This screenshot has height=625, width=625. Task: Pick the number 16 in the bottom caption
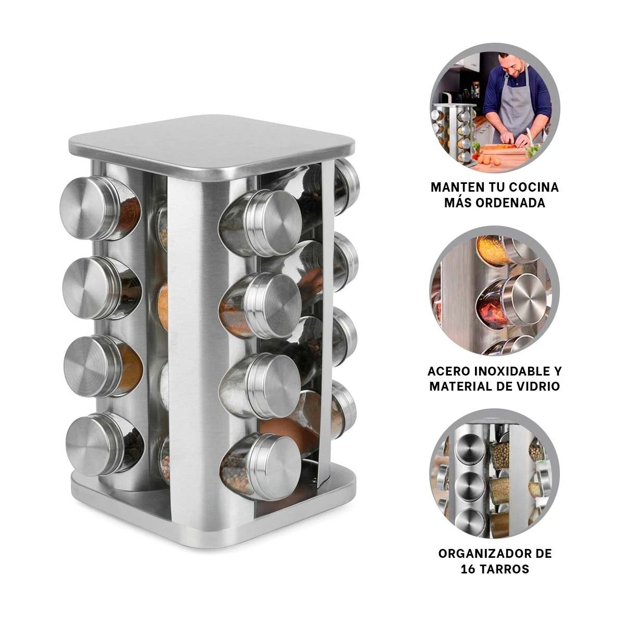click(x=468, y=569)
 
